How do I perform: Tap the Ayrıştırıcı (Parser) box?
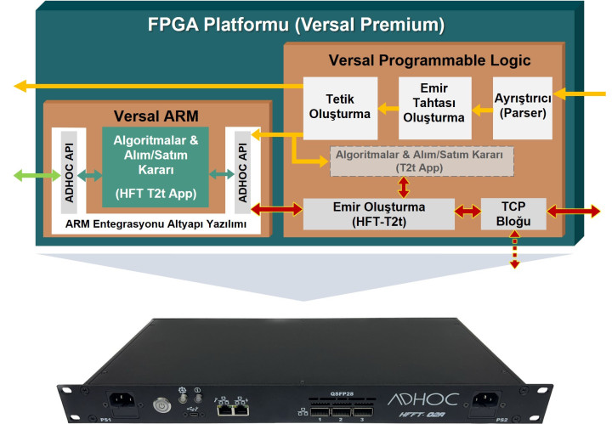point(522,108)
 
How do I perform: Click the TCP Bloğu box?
point(513,214)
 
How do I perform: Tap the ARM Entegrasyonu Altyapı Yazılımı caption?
point(157,224)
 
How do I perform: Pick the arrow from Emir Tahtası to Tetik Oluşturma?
point(388,108)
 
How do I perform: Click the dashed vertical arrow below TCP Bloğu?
point(513,252)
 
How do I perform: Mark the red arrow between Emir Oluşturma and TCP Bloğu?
point(465,211)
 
